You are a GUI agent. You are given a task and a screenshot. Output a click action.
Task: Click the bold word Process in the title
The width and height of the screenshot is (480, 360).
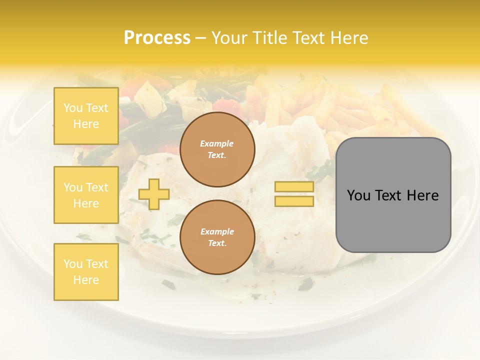[157, 37]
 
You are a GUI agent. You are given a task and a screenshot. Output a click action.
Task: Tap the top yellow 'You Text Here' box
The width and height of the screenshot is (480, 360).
[86, 116]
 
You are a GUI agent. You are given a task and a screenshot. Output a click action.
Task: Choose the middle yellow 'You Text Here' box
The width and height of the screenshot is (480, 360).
[86, 195]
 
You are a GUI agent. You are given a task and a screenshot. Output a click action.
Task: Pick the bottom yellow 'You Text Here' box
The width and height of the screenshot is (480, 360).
[86, 272]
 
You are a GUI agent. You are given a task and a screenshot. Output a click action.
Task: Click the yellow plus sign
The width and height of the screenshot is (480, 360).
[154, 194]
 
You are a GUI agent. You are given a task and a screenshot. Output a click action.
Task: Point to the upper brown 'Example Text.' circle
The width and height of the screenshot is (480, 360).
[217, 149]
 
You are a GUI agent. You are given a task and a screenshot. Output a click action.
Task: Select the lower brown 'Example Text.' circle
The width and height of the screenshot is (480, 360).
[217, 237]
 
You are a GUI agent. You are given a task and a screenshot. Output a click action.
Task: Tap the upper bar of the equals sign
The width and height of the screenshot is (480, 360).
[294, 186]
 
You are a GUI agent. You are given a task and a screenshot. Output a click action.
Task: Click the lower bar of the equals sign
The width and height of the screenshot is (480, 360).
[294, 201]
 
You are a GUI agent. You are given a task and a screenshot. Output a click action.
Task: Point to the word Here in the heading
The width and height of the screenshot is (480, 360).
[348, 37]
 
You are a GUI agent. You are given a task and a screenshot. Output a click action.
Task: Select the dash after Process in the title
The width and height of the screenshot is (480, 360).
[200, 38]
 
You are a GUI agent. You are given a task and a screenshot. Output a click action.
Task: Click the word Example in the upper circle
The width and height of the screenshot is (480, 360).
[217, 143]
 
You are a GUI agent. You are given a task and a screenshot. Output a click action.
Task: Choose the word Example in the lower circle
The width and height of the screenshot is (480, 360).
[217, 231]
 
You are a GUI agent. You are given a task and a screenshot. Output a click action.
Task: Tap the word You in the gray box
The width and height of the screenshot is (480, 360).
[358, 195]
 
